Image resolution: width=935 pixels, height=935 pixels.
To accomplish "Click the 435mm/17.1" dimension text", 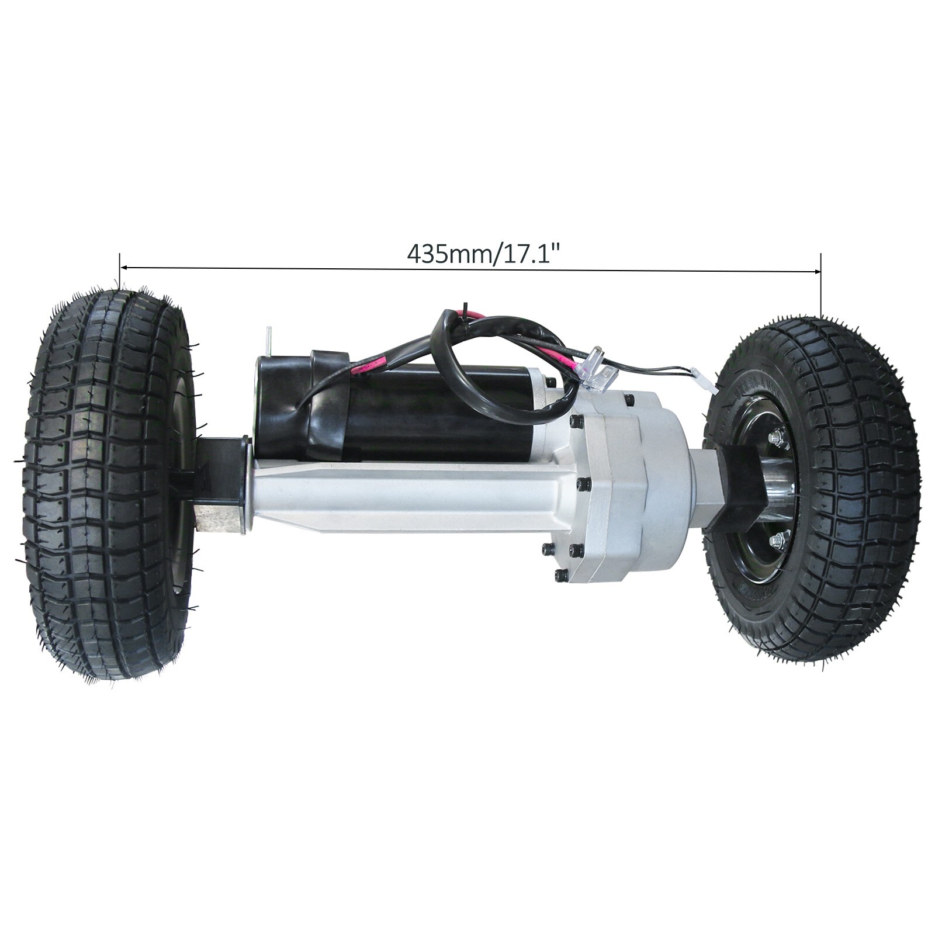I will (x=483, y=254).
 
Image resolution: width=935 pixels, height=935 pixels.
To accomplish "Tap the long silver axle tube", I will (x=409, y=497).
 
